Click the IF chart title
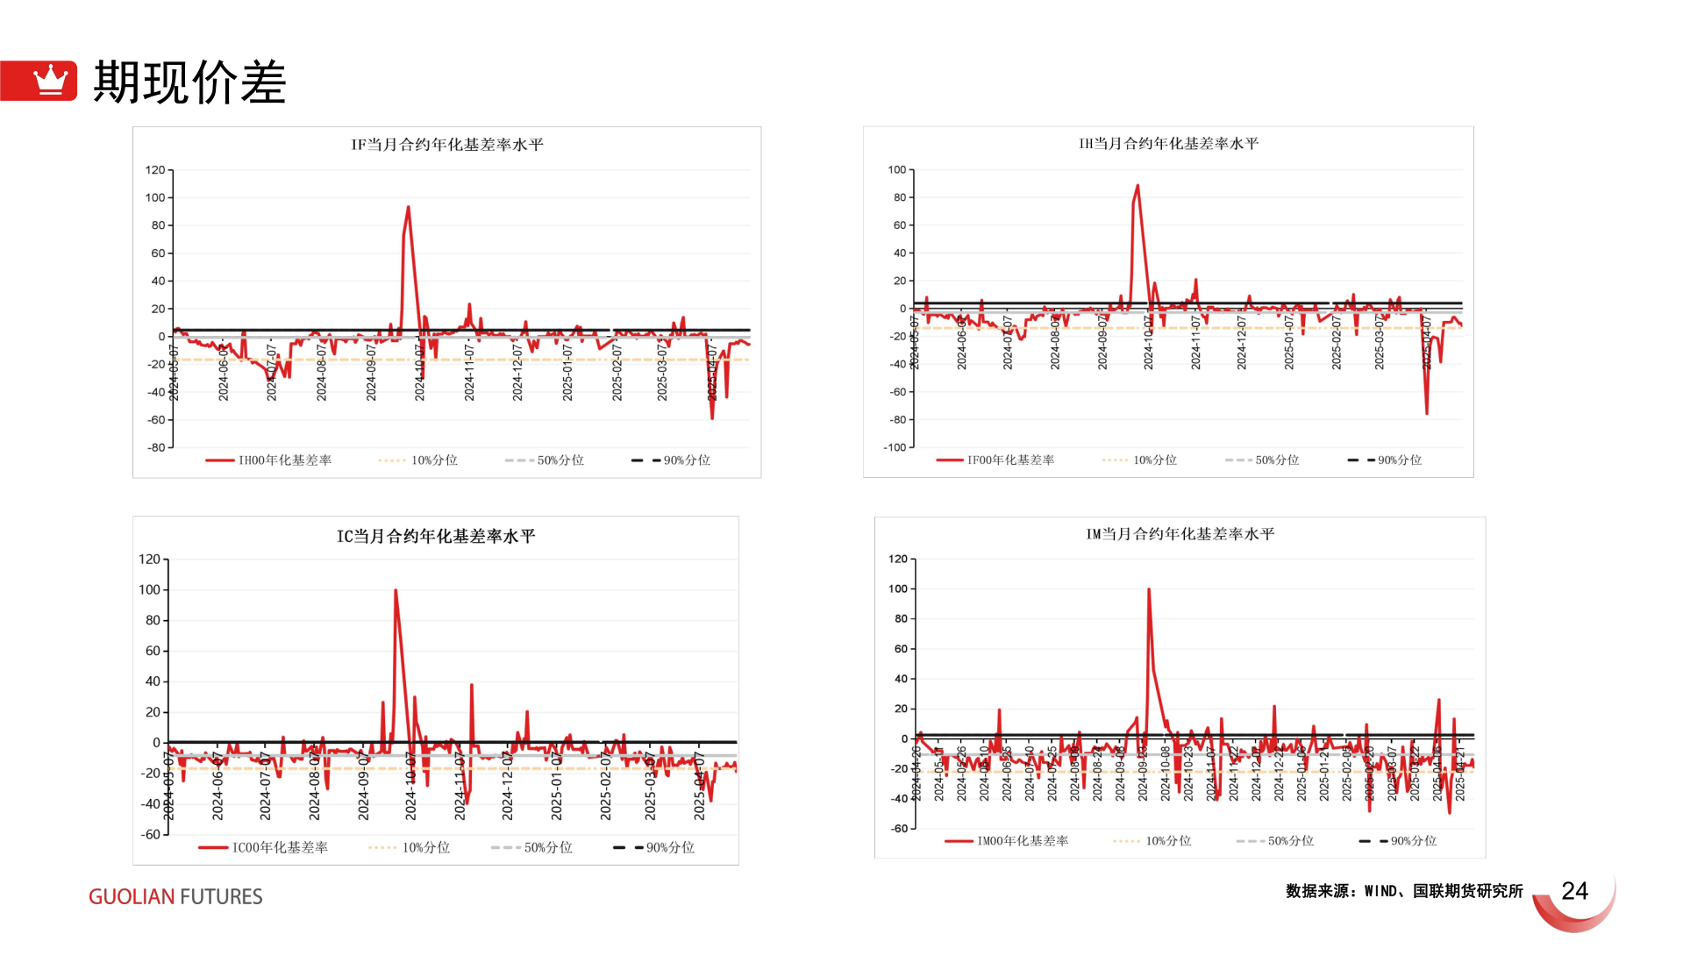[x=447, y=145]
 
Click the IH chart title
[x=1168, y=144]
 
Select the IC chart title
[x=436, y=536]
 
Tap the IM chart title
[x=1180, y=534]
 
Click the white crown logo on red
[x=50, y=81]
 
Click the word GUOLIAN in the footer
[x=132, y=896]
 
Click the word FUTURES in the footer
[x=221, y=896]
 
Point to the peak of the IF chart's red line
[x=408, y=208]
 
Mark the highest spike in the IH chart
[x=1137, y=186]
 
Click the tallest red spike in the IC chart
[x=396, y=590]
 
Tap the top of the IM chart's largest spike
[x=1149, y=589]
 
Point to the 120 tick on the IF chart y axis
[x=155, y=170]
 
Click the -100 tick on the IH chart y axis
[x=895, y=447]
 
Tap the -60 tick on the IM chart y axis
[x=899, y=828]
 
